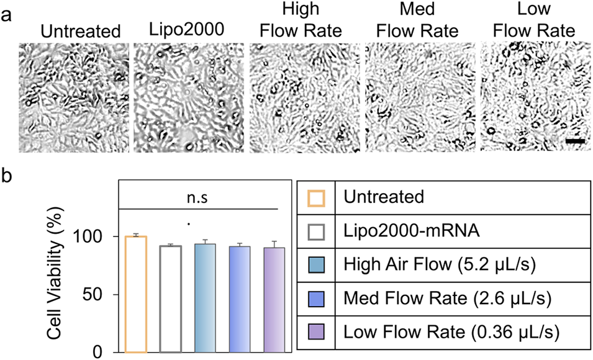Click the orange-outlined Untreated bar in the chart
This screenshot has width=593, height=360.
click(135, 294)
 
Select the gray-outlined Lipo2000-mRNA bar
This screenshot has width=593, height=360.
click(170, 299)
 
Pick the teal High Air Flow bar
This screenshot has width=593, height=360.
click(205, 298)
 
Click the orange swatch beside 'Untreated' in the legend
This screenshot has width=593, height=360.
click(315, 198)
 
